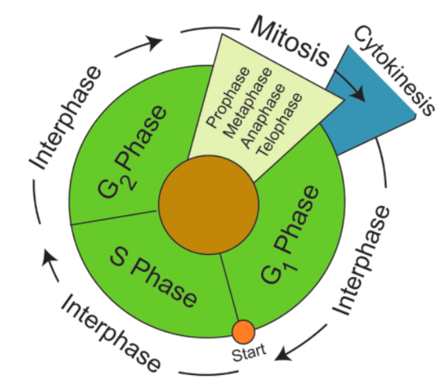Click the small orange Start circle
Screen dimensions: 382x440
(244, 332)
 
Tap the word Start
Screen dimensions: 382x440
(245, 356)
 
